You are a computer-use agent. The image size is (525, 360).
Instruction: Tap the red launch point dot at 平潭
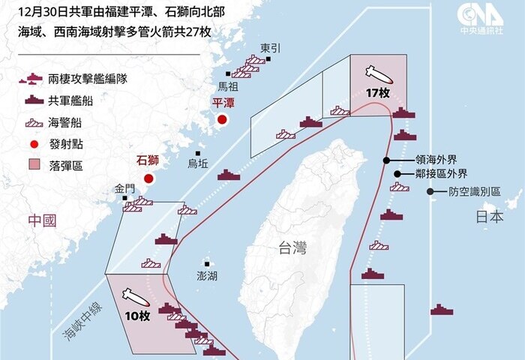pos(222,119)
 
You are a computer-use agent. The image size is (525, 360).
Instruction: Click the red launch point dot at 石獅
pos(148,178)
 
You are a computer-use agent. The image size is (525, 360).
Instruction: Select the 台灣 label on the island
pos(292,248)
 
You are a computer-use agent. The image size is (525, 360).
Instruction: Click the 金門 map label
pos(126,187)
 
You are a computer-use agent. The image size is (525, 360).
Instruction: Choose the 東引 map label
pos(271,48)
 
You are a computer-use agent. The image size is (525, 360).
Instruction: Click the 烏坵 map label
pos(199,163)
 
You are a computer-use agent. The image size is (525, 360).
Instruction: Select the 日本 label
pos(490,217)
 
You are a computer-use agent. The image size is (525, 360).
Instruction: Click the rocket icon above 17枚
pos(376,74)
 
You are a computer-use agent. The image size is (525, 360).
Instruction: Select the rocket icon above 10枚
pos(136,295)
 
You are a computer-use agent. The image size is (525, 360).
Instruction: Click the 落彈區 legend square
pos(34,165)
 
